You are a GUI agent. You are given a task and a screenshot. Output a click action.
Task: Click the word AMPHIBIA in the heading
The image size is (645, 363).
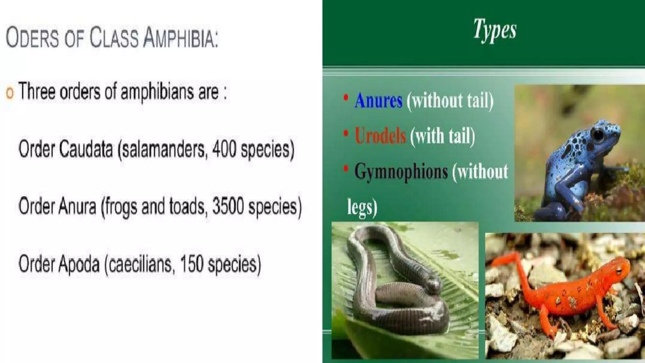click(x=180, y=38)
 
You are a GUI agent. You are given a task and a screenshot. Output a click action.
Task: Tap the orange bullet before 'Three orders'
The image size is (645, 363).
click(x=10, y=93)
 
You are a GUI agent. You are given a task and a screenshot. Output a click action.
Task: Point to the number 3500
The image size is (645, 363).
click(x=228, y=206)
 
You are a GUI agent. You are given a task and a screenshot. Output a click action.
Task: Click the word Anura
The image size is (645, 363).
click(x=77, y=206)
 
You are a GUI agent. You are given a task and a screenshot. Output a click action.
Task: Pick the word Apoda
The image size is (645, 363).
click(x=79, y=264)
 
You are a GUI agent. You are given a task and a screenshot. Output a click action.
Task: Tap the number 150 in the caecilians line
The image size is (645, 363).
click(x=191, y=264)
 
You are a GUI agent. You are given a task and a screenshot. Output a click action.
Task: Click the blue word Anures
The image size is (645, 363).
click(x=378, y=101)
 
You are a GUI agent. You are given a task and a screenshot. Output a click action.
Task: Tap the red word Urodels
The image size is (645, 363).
click(x=380, y=136)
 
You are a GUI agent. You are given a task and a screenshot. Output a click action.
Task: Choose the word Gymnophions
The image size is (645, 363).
click(x=401, y=172)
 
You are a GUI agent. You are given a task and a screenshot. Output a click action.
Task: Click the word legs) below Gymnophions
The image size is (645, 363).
click(x=362, y=208)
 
